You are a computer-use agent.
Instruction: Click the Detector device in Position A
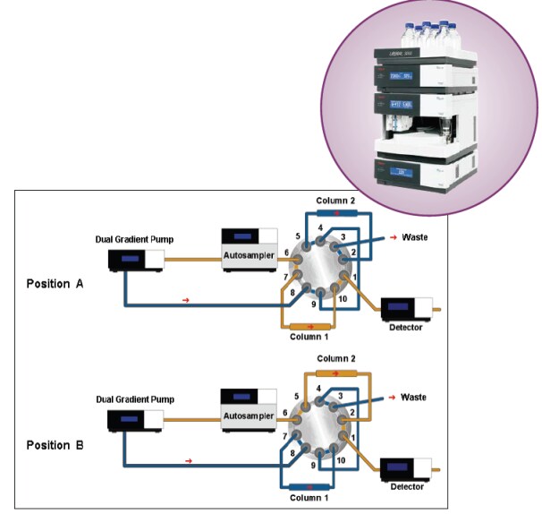[408, 309]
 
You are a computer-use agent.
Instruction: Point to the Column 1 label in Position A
[313, 337]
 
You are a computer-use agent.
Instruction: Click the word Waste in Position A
[413, 237]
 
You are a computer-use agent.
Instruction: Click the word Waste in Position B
[413, 396]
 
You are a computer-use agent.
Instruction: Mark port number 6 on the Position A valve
[286, 253]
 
